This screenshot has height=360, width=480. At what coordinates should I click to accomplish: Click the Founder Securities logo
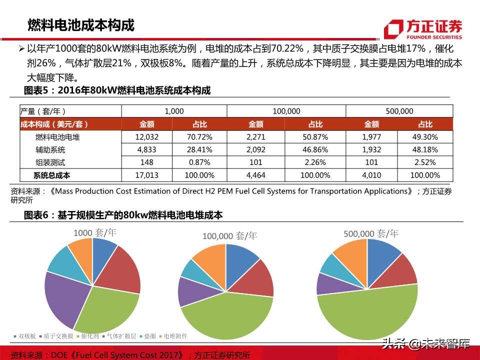click(422, 29)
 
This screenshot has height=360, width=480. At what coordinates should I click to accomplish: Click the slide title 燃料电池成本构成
click(80, 25)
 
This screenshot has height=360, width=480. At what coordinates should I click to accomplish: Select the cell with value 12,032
click(146, 137)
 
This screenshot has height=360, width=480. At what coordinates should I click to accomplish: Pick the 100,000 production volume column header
click(286, 111)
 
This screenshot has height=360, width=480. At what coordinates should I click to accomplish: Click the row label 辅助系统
click(50, 149)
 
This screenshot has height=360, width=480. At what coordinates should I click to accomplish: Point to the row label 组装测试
click(50, 162)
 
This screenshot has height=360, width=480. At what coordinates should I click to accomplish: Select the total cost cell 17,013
click(146, 175)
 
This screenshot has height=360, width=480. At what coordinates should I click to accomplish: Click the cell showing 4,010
click(372, 175)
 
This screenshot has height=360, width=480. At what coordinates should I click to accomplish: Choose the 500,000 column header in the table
click(399, 111)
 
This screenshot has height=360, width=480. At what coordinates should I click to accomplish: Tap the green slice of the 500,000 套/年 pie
click(367, 312)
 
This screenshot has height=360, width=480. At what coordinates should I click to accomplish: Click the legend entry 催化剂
click(87, 336)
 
